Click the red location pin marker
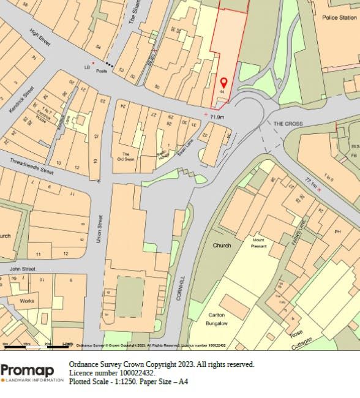[223, 82]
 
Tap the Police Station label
[339, 18]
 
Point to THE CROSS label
[288, 124]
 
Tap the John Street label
[22, 269]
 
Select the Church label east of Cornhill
[222, 246]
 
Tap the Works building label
[27, 301]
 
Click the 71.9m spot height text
[217, 116]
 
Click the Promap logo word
[28, 370]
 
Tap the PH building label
[337, 232]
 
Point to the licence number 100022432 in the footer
[132, 372]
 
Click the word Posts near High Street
[102, 71]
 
